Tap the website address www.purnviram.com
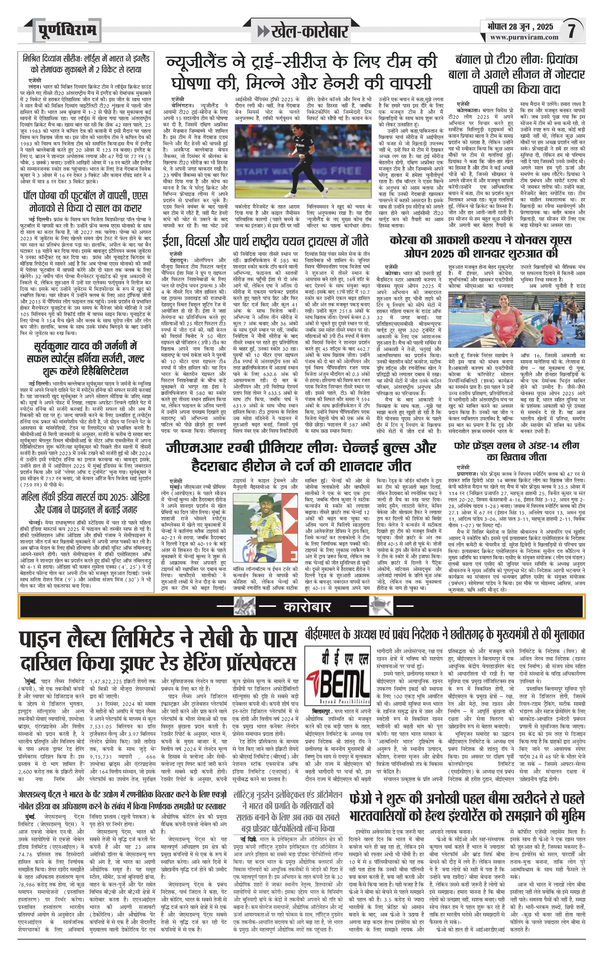[x=524, y=38]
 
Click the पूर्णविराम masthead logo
[x=67, y=31]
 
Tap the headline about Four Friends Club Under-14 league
[x=517, y=451]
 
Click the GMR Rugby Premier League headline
[x=301, y=456]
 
